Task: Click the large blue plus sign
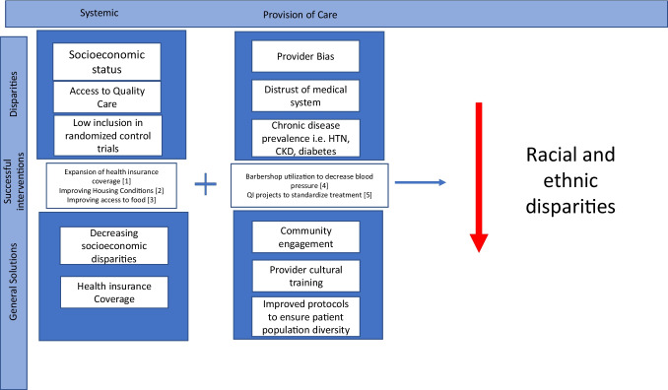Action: coord(205,184)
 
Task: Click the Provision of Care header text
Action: coord(302,15)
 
